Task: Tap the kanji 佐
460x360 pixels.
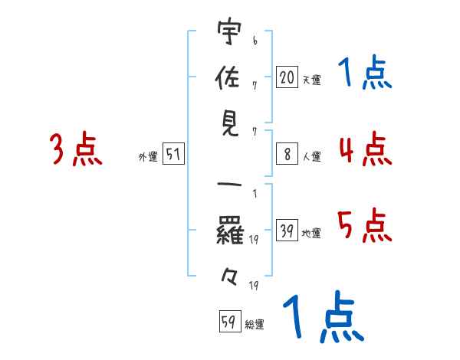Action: click(228, 79)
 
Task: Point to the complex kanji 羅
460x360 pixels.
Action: click(228, 230)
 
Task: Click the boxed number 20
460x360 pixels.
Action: click(287, 77)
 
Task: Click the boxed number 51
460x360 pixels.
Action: click(173, 155)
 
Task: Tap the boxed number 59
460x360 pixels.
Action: click(228, 322)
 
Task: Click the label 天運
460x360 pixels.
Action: click(311, 80)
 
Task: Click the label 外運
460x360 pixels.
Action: click(147, 157)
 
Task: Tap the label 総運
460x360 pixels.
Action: click(255, 325)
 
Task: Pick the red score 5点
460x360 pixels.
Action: click(364, 225)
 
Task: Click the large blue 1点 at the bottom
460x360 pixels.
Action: click(323, 318)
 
